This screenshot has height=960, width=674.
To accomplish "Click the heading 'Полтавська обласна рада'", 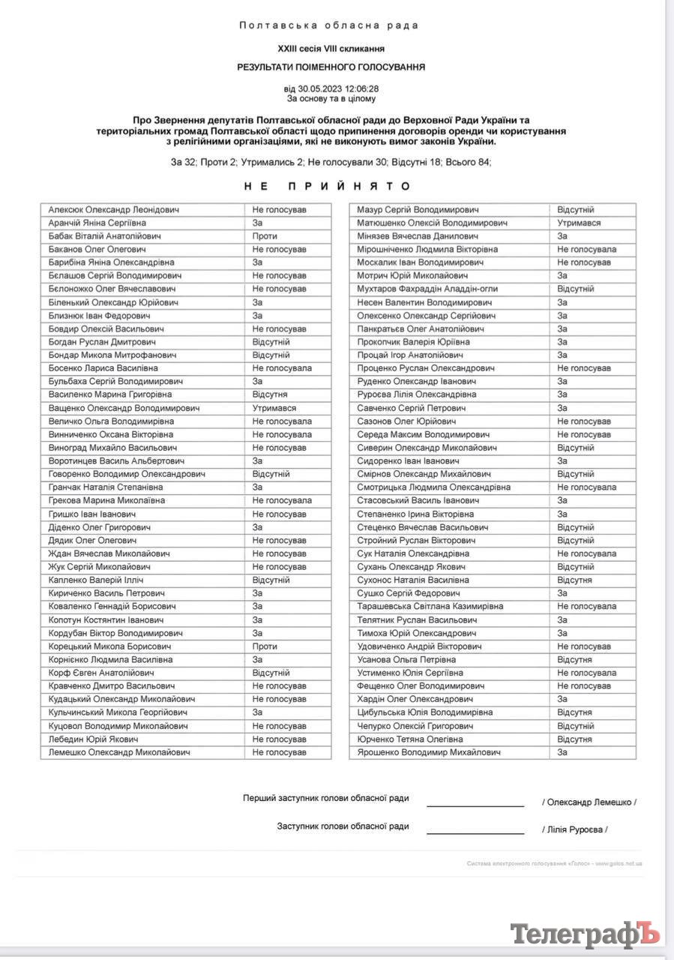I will click(329, 25).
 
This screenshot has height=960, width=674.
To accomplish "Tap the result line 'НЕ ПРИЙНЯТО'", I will click(329, 186).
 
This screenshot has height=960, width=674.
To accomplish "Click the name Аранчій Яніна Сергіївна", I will click(97, 223).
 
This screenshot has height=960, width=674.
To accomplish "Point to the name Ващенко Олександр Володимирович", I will click(124, 408).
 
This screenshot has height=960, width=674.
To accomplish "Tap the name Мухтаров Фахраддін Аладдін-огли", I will click(427, 289).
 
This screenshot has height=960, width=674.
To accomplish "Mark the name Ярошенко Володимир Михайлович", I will click(429, 751).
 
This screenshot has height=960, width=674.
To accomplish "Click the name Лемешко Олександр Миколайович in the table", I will click(119, 751).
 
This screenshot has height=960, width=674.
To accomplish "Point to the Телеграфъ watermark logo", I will click(585, 934).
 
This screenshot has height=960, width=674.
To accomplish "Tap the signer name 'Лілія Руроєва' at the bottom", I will click(574, 829).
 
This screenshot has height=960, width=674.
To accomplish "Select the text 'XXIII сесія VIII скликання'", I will click(331, 48).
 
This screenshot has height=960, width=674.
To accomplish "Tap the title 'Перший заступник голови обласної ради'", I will click(326, 798).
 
